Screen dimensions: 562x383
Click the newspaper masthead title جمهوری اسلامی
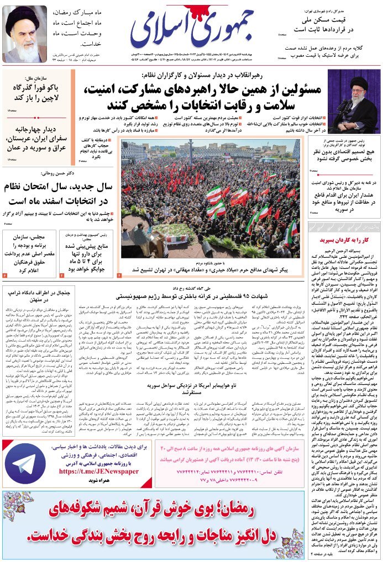(192, 29)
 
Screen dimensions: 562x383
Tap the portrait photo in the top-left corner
(25, 34)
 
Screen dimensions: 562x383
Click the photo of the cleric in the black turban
(354, 100)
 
